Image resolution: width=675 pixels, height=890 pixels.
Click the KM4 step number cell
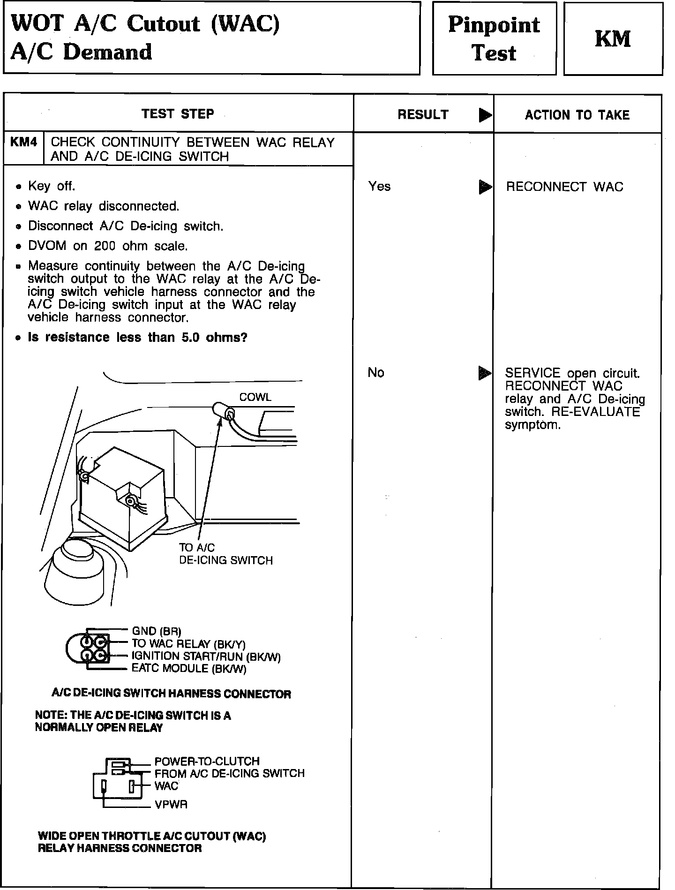point(23,143)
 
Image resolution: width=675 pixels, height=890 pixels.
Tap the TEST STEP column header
point(178,114)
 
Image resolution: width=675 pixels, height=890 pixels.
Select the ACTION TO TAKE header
point(577,115)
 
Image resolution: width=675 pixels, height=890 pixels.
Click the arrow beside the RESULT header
point(485,115)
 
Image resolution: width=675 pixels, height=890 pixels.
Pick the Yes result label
point(379,187)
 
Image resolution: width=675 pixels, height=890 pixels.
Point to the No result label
point(376,373)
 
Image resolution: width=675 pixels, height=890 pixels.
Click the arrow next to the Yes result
point(485,187)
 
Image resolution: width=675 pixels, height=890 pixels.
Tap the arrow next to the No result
point(484,373)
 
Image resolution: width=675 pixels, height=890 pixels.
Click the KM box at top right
point(613,38)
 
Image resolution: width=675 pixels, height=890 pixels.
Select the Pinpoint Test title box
point(494,38)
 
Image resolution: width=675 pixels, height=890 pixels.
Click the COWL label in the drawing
point(255,397)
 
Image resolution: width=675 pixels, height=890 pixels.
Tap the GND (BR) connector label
point(157,631)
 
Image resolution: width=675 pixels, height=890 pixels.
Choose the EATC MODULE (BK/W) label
point(189,669)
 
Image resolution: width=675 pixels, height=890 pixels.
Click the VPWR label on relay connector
point(171,805)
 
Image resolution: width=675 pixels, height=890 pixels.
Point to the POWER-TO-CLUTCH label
point(207,761)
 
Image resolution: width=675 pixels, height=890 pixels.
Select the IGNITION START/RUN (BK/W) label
point(206,656)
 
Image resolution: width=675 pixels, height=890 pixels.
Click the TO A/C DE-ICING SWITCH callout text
point(225,554)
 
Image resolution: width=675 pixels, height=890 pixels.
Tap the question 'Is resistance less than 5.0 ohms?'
point(137,338)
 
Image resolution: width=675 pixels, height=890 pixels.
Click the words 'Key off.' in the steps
point(52,186)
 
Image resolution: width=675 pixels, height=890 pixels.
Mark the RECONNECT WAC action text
point(564,187)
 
